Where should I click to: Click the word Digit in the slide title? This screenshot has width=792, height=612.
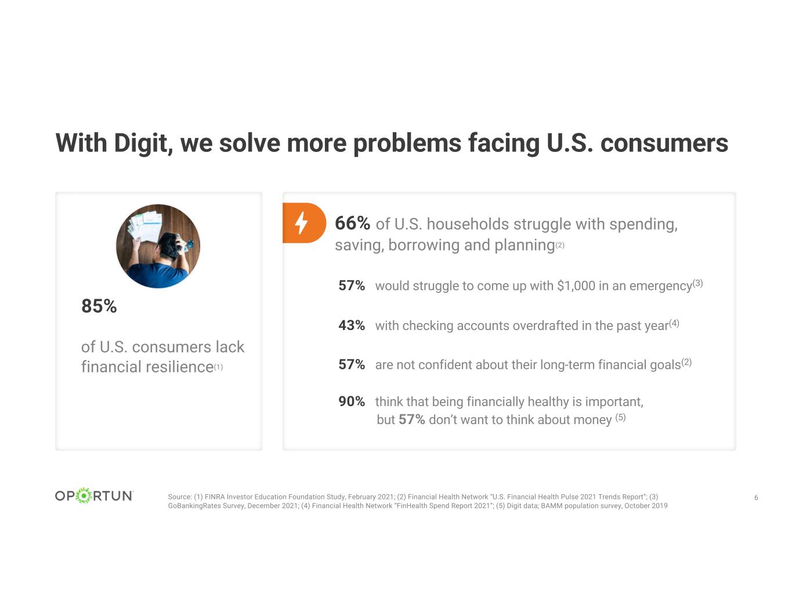(140, 143)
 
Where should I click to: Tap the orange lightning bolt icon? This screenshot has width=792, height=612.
(302, 223)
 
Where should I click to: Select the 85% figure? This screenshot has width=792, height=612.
(99, 306)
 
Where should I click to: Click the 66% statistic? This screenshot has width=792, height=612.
(352, 223)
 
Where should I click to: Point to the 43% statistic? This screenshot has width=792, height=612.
(352, 325)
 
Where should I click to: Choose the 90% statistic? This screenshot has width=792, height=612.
(352, 401)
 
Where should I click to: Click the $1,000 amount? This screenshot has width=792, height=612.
(576, 286)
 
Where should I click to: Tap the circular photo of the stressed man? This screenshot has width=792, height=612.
(158, 246)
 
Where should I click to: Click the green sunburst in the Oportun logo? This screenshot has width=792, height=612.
(84, 495)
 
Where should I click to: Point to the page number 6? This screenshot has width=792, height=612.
(756, 498)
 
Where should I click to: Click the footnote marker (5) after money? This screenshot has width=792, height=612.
(620, 417)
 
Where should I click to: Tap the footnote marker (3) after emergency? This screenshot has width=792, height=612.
(697, 283)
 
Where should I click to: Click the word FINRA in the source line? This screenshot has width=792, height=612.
(215, 497)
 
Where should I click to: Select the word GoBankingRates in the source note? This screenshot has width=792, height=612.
(194, 506)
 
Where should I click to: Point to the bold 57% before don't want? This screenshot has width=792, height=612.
(411, 419)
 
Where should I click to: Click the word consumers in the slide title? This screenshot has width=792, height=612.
(664, 143)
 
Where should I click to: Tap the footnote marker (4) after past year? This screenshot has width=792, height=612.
(674, 323)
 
